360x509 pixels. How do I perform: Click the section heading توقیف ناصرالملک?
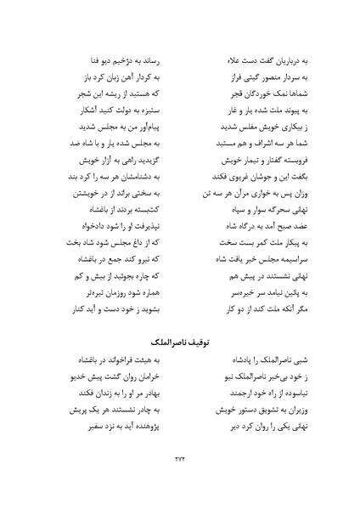coord(180,342)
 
